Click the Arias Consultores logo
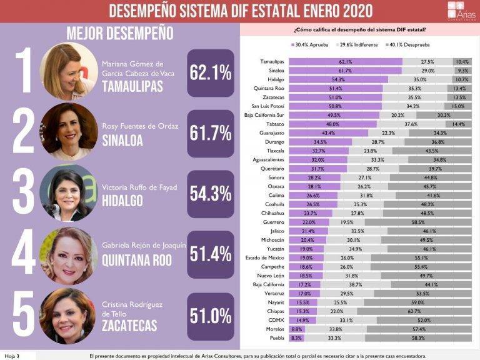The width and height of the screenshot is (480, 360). click(x=461, y=11)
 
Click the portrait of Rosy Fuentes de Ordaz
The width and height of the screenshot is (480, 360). click(x=68, y=132)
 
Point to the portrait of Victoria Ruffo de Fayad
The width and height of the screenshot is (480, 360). click(x=67, y=193)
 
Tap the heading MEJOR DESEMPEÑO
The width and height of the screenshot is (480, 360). click(x=119, y=33)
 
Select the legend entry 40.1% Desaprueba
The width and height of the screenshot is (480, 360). click(x=409, y=45)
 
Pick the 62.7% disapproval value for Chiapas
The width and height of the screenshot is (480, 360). click(x=414, y=311)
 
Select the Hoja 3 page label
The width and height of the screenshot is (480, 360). click(x=12, y=356)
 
